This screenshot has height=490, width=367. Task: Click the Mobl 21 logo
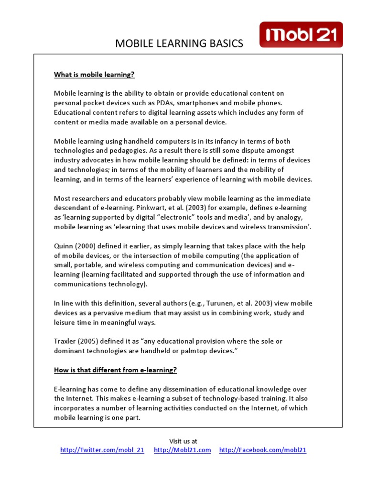301,34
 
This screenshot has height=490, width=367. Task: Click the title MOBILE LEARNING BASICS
179,44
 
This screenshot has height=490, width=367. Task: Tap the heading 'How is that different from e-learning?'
115,370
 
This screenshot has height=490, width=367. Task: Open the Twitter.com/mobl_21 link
102,450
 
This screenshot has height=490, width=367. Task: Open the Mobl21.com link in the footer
183,450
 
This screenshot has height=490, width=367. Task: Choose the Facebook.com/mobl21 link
263,450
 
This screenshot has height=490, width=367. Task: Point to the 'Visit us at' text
183,441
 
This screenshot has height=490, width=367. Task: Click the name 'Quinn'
64,246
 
